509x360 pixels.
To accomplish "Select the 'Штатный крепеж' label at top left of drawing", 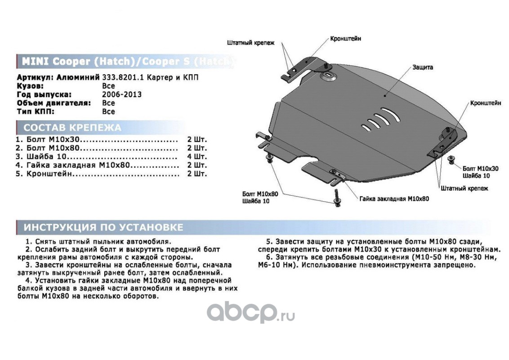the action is (x=247, y=43).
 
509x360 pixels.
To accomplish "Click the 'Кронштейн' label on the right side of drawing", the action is (x=486, y=103).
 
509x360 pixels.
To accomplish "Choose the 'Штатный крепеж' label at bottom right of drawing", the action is (x=464, y=189).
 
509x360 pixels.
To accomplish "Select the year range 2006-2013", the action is (x=122, y=94).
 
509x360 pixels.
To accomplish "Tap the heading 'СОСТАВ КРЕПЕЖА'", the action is (x=72, y=127).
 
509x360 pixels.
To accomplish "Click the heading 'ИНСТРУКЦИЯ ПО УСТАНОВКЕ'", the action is (x=103, y=227).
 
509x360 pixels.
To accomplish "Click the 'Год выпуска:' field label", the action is (x=44, y=94).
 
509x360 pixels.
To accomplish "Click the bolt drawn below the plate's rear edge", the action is (x=336, y=198).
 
